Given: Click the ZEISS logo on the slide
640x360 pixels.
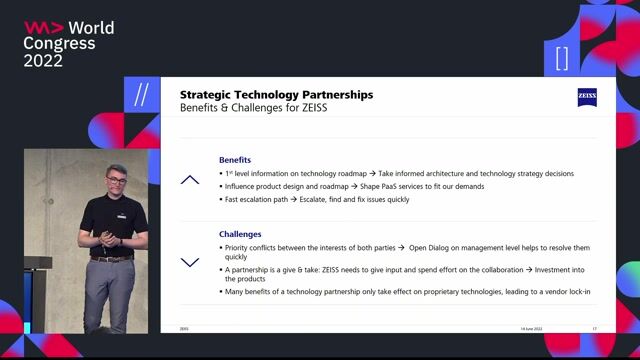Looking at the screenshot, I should click(x=587, y=97).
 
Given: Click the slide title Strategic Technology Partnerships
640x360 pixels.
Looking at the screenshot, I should click(x=276, y=94).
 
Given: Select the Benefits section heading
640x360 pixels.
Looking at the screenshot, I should click(x=235, y=160).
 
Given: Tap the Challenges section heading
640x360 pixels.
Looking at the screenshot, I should click(x=240, y=234).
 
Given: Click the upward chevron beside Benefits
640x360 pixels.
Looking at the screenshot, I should click(x=190, y=180).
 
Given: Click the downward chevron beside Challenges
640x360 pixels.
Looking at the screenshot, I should click(x=190, y=262).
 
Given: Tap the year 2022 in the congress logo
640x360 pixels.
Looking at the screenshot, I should click(x=44, y=61).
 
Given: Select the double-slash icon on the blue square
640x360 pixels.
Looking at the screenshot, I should click(x=141, y=95).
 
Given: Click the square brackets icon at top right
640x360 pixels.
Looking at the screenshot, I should click(x=562, y=58).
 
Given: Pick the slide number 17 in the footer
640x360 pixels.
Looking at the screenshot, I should click(x=595, y=328).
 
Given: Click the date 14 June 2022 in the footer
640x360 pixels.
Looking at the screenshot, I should click(x=532, y=328).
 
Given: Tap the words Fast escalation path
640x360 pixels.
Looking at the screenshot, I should click(x=252, y=199).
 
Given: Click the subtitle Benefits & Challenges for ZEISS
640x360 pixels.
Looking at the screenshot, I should click(x=254, y=107).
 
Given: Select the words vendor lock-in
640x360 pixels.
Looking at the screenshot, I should click(x=564, y=291).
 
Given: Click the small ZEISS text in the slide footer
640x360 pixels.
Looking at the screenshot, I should click(x=184, y=328).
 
